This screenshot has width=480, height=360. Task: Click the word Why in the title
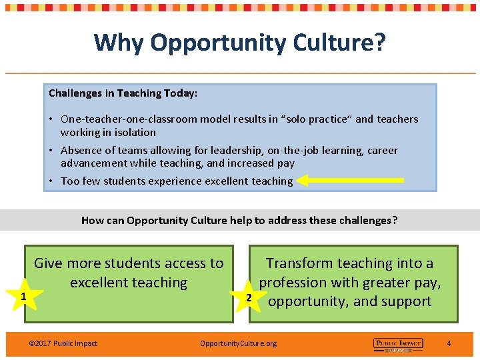coord(119,43)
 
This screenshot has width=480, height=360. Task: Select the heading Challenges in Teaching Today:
coord(123,93)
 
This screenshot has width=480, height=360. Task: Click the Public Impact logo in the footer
coord(398,344)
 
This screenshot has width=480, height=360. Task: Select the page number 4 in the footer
coord(449,343)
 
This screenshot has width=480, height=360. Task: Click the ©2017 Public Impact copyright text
coord(63,343)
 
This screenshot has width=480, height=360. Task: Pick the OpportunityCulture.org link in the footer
coord(238,343)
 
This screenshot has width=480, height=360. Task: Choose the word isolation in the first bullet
coord(133,132)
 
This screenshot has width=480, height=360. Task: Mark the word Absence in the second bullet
coord(81,151)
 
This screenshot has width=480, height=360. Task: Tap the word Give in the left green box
coord(48,263)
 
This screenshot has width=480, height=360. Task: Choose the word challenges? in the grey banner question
coord(367,220)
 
